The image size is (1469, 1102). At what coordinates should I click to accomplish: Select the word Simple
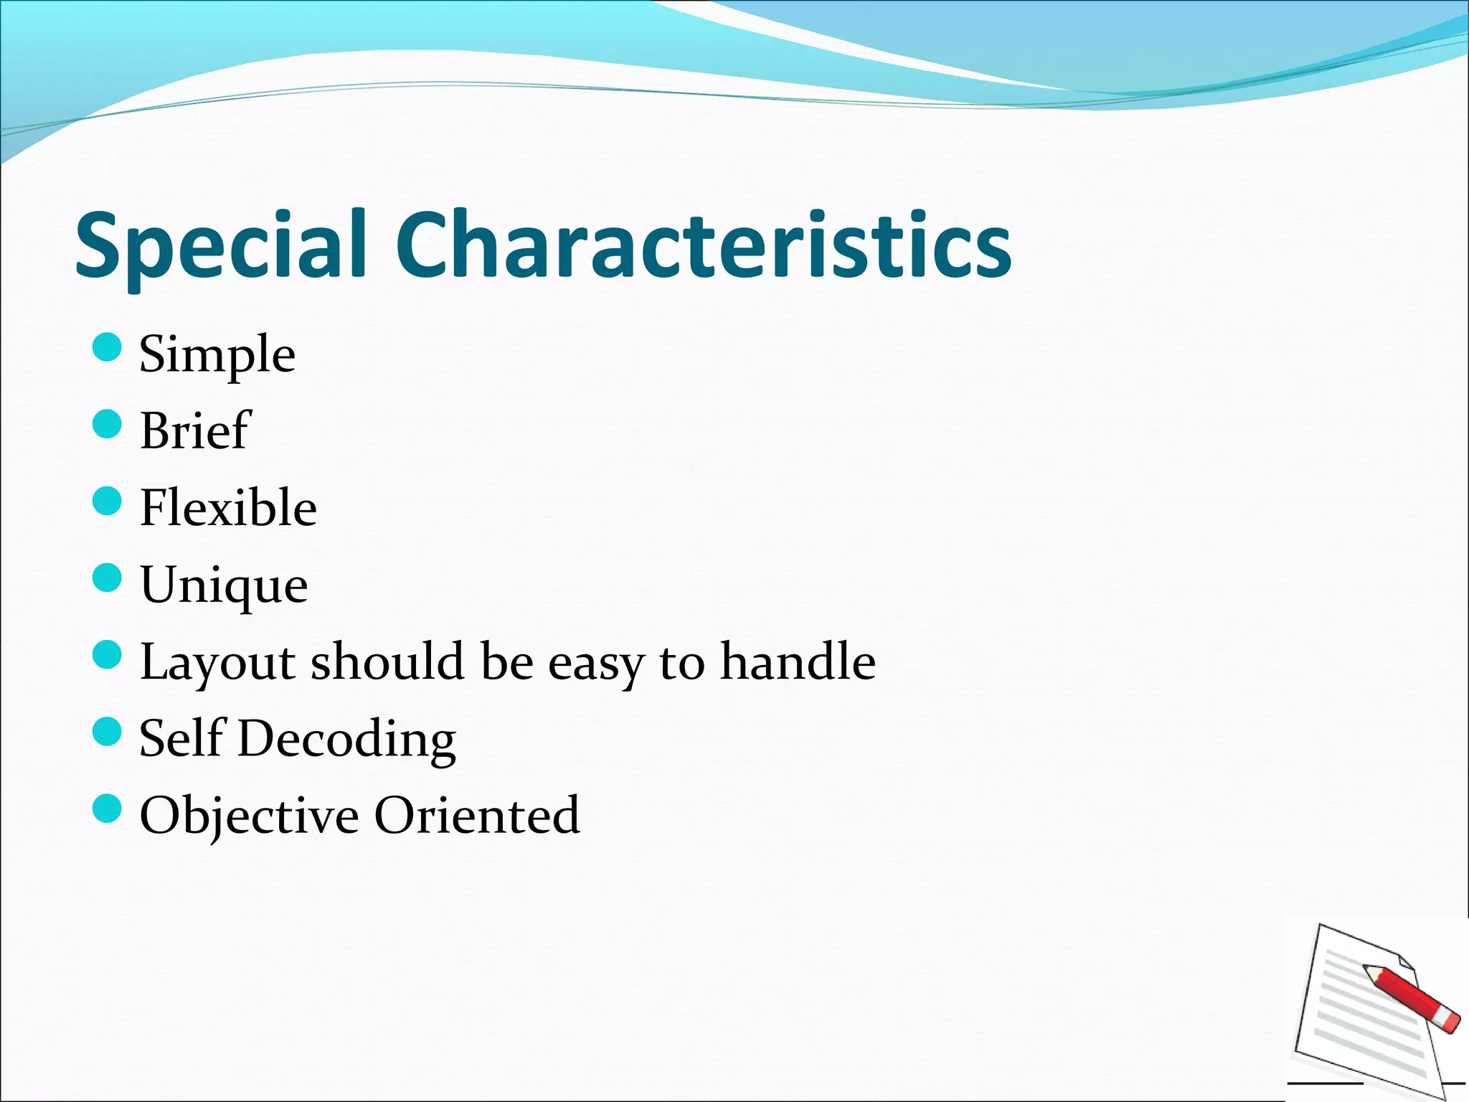pyautogui.click(x=217, y=354)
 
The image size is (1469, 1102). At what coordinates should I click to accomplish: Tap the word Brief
pyautogui.click(x=194, y=430)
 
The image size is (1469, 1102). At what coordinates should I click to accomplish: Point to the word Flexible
pyautogui.click(x=228, y=507)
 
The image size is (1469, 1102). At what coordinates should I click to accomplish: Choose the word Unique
pyautogui.click(x=224, y=585)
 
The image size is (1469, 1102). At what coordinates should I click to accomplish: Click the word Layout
pyautogui.click(x=217, y=662)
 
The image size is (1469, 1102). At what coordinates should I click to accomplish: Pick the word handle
pyautogui.click(x=798, y=661)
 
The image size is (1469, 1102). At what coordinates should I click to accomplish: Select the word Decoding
pyautogui.click(x=347, y=740)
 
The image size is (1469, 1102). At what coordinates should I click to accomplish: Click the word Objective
pyautogui.click(x=249, y=816)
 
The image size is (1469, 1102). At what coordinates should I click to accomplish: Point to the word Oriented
pyautogui.click(x=477, y=815)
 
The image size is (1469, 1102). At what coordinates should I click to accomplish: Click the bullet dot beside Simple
pyautogui.click(x=108, y=347)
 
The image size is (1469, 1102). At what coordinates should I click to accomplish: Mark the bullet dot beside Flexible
pyautogui.click(x=108, y=501)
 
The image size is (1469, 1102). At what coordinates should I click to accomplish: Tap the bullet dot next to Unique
pyautogui.click(x=108, y=578)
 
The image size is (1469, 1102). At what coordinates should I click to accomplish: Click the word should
pyautogui.click(x=387, y=661)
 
